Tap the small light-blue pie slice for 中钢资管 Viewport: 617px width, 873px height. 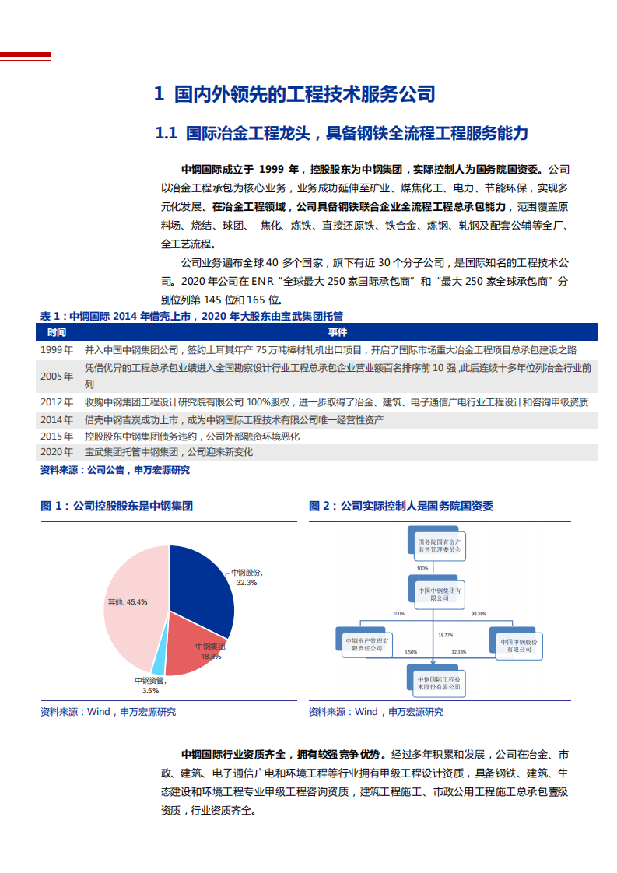point(159,663)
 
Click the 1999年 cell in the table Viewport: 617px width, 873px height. point(57,350)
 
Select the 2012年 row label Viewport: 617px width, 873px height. point(57,402)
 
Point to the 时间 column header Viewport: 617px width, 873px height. point(57,332)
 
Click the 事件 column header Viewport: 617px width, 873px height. point(338,332)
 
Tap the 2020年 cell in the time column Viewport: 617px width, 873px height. point(57,452)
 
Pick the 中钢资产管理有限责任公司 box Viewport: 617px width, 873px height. point(368,643)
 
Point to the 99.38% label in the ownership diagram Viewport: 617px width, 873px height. point(479,614)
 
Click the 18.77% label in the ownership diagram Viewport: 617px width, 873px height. point(446,634)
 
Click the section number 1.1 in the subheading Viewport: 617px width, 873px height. point(167,134)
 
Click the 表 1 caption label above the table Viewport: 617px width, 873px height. point(51,316)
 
